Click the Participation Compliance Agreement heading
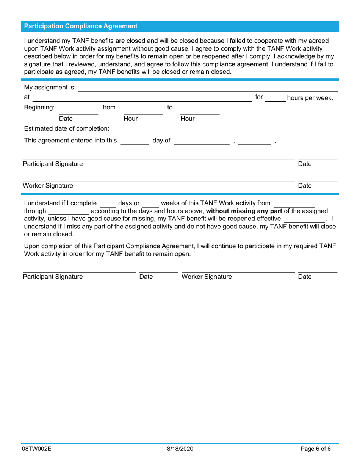pos(81,26)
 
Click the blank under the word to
pos(200,111)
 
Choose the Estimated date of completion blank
pos(140,130)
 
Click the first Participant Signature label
pos(53,164)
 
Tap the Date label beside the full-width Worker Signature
pos(305,186)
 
